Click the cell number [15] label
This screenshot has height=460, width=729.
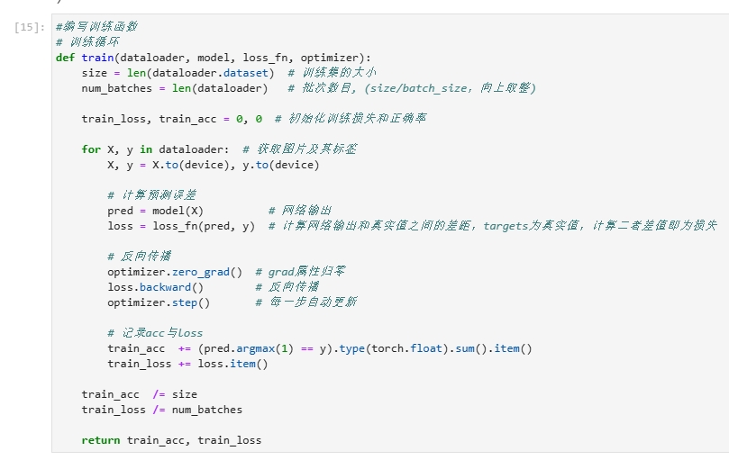(30, 27)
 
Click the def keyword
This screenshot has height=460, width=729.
(65, 58)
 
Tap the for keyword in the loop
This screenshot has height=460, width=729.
(91, 149)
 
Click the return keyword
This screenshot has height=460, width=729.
(100, 440)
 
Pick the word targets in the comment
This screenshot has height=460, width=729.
(509, 226)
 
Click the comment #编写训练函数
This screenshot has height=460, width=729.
(96, 27)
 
